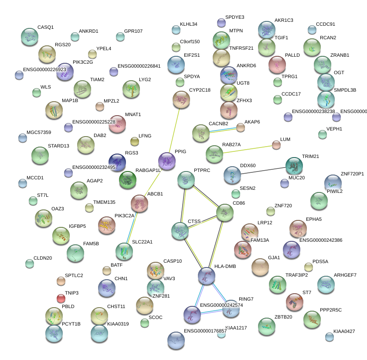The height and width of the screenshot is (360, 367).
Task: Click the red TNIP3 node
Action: [61, 298]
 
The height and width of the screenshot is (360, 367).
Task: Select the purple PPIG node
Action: [167, 161]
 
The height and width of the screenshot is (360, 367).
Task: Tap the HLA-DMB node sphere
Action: [206, 276]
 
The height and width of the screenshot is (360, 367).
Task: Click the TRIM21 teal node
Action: [294, 166]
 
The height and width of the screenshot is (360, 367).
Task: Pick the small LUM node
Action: [276, 145]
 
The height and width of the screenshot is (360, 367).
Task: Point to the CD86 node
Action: [225, 213]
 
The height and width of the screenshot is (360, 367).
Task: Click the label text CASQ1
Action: [45, 27]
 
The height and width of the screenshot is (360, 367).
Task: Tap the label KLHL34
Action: [188, 24]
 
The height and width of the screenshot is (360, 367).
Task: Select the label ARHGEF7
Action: [345, 275]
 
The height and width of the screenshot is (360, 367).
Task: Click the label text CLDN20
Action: [43, 258]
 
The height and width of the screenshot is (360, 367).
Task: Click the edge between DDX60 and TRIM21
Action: [263, 170]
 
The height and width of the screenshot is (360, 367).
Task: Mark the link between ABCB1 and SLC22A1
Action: [132, 226]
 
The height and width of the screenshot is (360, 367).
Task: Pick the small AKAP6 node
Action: [240, 127]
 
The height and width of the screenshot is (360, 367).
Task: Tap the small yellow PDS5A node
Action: [308, 267]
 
